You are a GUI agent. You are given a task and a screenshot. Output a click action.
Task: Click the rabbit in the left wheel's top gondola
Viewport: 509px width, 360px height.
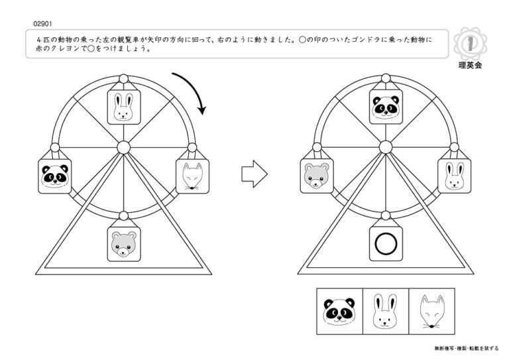(124, 107)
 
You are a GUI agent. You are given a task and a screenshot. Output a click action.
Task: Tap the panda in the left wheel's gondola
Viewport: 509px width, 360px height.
(55, 176)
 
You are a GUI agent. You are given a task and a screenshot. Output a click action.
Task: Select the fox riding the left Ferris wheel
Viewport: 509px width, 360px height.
(192, 176)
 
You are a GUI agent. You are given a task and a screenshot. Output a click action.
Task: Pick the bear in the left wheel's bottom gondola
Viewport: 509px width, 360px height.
(124, 244)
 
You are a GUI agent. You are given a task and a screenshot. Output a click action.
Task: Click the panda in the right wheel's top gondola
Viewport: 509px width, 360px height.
(386, 107)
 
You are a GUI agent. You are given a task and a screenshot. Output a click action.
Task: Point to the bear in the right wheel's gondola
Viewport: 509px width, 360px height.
(317, 176)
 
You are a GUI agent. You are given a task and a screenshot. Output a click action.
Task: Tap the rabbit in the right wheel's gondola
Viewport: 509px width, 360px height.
(455, 176)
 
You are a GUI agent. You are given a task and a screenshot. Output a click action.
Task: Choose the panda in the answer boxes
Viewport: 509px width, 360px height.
(339, 311)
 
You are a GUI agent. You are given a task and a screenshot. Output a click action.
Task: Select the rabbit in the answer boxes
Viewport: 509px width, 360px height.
(385, 312)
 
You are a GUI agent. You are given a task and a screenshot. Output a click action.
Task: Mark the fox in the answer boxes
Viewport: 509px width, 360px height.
(431, 312)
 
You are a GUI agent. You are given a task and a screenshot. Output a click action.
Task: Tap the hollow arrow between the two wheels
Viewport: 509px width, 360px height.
(254, 174)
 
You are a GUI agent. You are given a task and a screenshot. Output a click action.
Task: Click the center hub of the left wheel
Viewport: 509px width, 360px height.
(123, 148)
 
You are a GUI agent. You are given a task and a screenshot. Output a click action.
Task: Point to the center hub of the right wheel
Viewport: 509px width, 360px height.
(386, 147)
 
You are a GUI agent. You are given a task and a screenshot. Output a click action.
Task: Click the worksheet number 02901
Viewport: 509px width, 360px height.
(42, 24)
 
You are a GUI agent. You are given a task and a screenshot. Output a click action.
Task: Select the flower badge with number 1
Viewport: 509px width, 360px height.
(470, 44)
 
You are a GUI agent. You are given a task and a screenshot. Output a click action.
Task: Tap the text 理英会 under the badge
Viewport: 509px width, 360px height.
(470, 65)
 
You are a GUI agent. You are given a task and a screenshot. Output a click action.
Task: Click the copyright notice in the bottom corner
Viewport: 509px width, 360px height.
(467, 348)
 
